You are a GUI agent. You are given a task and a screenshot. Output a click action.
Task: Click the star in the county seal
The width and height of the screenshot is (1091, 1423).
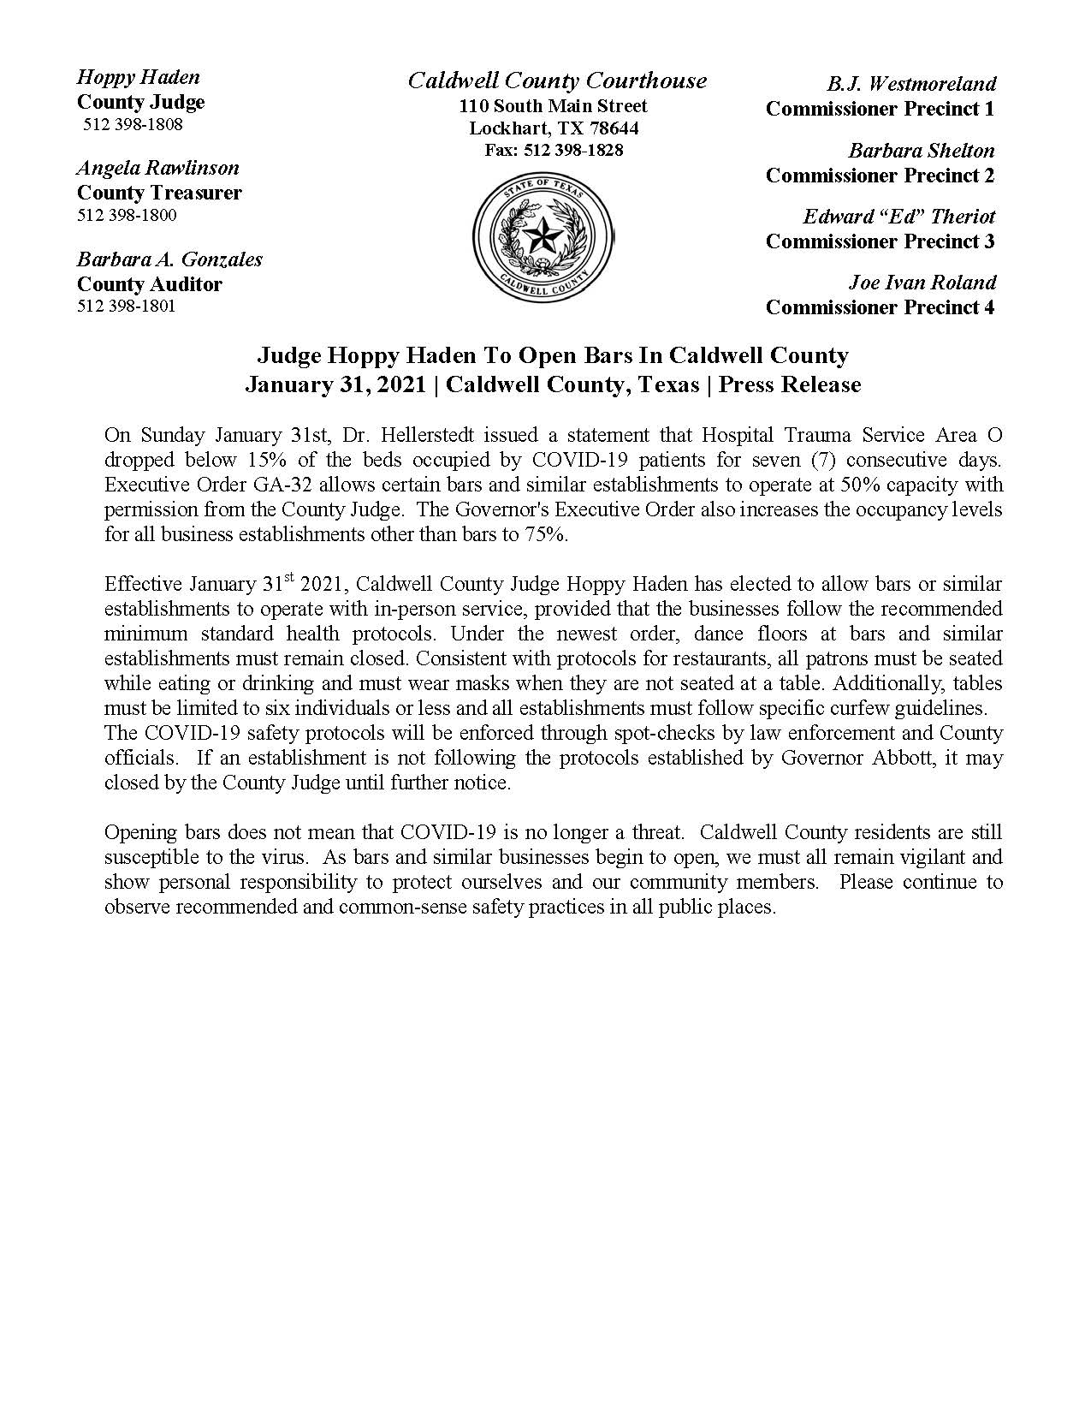point(543,235)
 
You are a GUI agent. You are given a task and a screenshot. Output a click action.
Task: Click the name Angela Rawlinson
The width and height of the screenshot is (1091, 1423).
point(158,168)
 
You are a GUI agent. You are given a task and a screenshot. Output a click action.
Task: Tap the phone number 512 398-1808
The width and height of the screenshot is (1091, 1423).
point(133,125)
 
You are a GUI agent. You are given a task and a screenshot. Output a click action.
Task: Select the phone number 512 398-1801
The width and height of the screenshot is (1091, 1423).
point(127,307)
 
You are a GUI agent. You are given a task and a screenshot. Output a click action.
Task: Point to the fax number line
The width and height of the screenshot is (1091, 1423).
point(554,151)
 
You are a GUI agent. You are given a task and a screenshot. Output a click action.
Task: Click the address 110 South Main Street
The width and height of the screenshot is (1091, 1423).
point(554,106)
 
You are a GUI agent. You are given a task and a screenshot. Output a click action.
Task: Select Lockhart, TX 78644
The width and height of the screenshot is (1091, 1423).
point(554,128)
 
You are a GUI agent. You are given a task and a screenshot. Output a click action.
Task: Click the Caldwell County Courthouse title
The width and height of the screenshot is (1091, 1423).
point(557,80)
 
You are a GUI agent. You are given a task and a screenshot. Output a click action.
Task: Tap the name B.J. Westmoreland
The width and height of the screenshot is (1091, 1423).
point(911,84)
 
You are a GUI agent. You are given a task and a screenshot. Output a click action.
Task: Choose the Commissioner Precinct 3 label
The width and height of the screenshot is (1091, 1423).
point(880,241)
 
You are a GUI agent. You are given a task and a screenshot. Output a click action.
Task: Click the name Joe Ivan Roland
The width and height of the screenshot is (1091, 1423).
point(922,283)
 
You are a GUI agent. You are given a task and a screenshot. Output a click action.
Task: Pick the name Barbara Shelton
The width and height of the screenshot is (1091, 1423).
point(922,151)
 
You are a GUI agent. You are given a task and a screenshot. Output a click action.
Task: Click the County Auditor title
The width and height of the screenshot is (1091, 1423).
point(150,284)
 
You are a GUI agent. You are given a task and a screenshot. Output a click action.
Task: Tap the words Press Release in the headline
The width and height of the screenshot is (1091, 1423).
point(789,385)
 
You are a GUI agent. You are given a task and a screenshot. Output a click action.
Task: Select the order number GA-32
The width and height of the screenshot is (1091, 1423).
point(223,485)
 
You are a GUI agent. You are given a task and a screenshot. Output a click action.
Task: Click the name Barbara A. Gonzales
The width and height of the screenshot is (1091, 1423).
point(169,259)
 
